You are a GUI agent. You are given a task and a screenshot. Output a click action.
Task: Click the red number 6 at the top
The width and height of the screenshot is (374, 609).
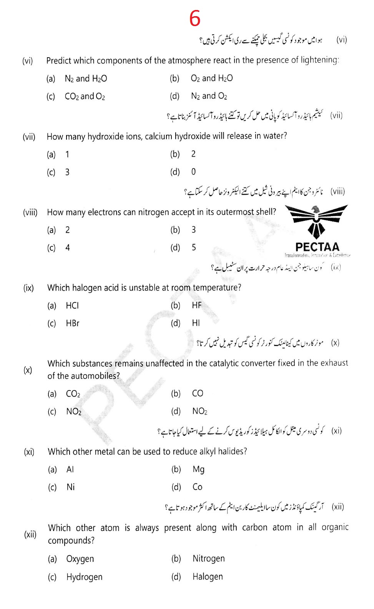click(195, 18)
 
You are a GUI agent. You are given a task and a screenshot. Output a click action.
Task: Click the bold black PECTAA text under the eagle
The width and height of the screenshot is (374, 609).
click(317, 247)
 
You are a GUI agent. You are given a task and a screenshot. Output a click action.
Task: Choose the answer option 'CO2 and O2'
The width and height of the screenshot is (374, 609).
click(85, 96)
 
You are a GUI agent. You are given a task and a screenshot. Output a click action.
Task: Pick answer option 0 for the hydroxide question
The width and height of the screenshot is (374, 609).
click(193, 172)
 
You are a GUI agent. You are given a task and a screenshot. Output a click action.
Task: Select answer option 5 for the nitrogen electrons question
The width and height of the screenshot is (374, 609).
click(194, 247)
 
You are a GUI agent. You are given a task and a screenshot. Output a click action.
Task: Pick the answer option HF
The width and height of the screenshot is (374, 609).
click(196, 305)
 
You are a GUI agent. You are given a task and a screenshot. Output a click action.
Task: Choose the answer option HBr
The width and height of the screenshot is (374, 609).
click(72, 323)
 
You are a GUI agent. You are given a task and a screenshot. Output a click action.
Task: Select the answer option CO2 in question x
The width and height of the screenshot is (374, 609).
click(73, 394)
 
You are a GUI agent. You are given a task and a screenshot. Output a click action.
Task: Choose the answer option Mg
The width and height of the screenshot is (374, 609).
click(198, 469)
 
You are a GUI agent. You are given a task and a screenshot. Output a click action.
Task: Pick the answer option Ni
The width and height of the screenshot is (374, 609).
click(70, 487)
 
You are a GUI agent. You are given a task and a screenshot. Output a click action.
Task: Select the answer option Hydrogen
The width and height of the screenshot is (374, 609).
click(84, 577)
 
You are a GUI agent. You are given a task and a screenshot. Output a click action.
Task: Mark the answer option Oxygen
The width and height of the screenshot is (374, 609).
click(80, 559)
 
